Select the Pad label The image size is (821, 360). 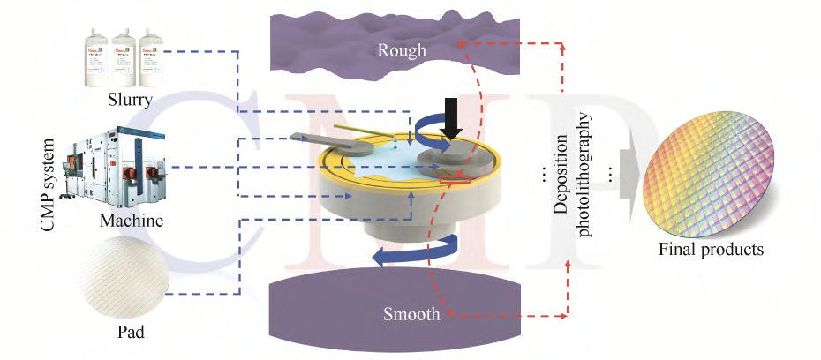click(x=131, y=333)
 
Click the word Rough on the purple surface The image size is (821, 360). click(x=402, y=50)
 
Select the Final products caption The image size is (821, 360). click(x=711, y=249)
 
